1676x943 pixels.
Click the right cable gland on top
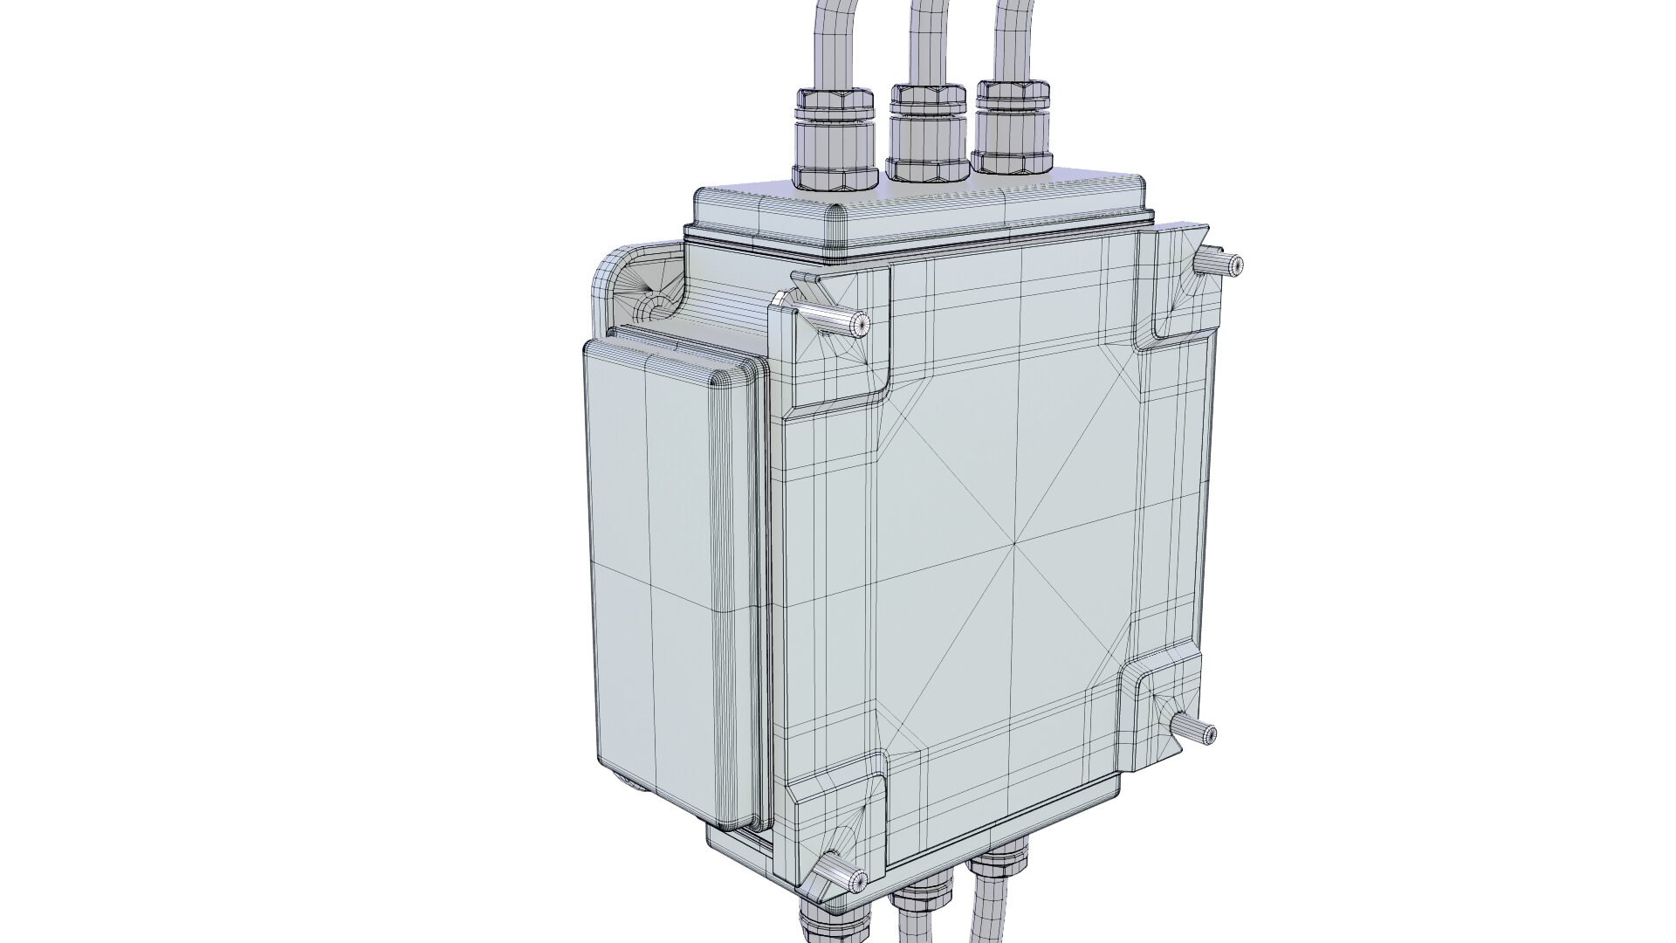tap(1014, 127)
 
